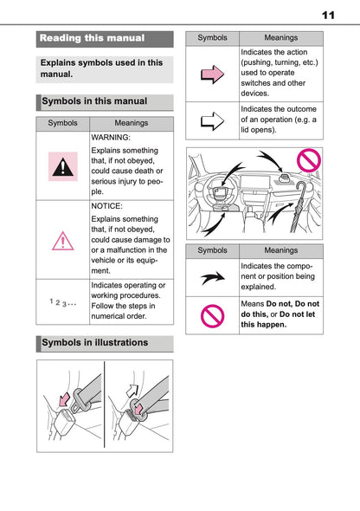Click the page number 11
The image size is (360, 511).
[x=328, y=15]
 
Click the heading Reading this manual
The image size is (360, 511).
[x=92, y=38]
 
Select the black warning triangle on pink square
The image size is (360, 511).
[x=63, y=166]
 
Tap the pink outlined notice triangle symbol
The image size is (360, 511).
[x=63, y=241]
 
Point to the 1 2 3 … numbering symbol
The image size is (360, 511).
[x=63, y=302]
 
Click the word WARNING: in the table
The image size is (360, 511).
[x=111, y=138]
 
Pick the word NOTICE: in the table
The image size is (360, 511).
[x=106, y=206]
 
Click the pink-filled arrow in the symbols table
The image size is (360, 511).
[x=213, y=74]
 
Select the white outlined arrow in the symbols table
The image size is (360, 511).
[x=213, y=121]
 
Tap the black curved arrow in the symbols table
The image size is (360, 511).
[x=213, y=278]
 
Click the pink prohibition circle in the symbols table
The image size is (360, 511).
[x=212, y=315]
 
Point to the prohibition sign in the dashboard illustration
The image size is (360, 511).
[x=309, y=160]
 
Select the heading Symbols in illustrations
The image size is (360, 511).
[x=94, y=342]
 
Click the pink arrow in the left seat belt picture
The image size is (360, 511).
[x=64, y=399]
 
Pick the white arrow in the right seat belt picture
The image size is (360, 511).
[x=132, y=391]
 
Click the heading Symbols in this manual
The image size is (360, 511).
[x=94, y=101]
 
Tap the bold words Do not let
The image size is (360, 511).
[x=297, y=314]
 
